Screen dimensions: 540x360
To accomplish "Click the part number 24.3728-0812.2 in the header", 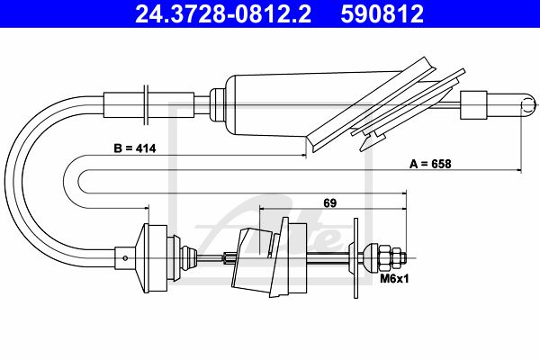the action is tap(223, 14).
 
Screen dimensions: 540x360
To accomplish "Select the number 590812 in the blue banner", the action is tap(382, 14).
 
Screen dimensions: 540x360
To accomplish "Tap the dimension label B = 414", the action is tap(135, 148).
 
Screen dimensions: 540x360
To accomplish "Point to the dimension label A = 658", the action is tap(430, 164).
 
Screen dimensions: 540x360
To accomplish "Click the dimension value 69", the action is tap(329, 203).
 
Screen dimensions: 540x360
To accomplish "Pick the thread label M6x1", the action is tap(394, 278).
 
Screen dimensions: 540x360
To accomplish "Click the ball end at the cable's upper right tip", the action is tap(527, 104).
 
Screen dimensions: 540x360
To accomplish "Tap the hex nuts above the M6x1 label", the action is tap(392, 257).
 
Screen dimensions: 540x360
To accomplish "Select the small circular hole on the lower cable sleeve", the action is tap(125, 258).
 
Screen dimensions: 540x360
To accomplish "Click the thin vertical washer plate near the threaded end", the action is tap(355, 257).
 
